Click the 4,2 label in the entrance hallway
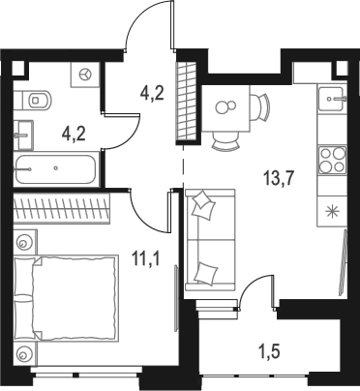click(152, 95)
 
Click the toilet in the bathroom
click(38, 98)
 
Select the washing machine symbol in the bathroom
click(85, 74)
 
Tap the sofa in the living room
click(207, 237)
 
